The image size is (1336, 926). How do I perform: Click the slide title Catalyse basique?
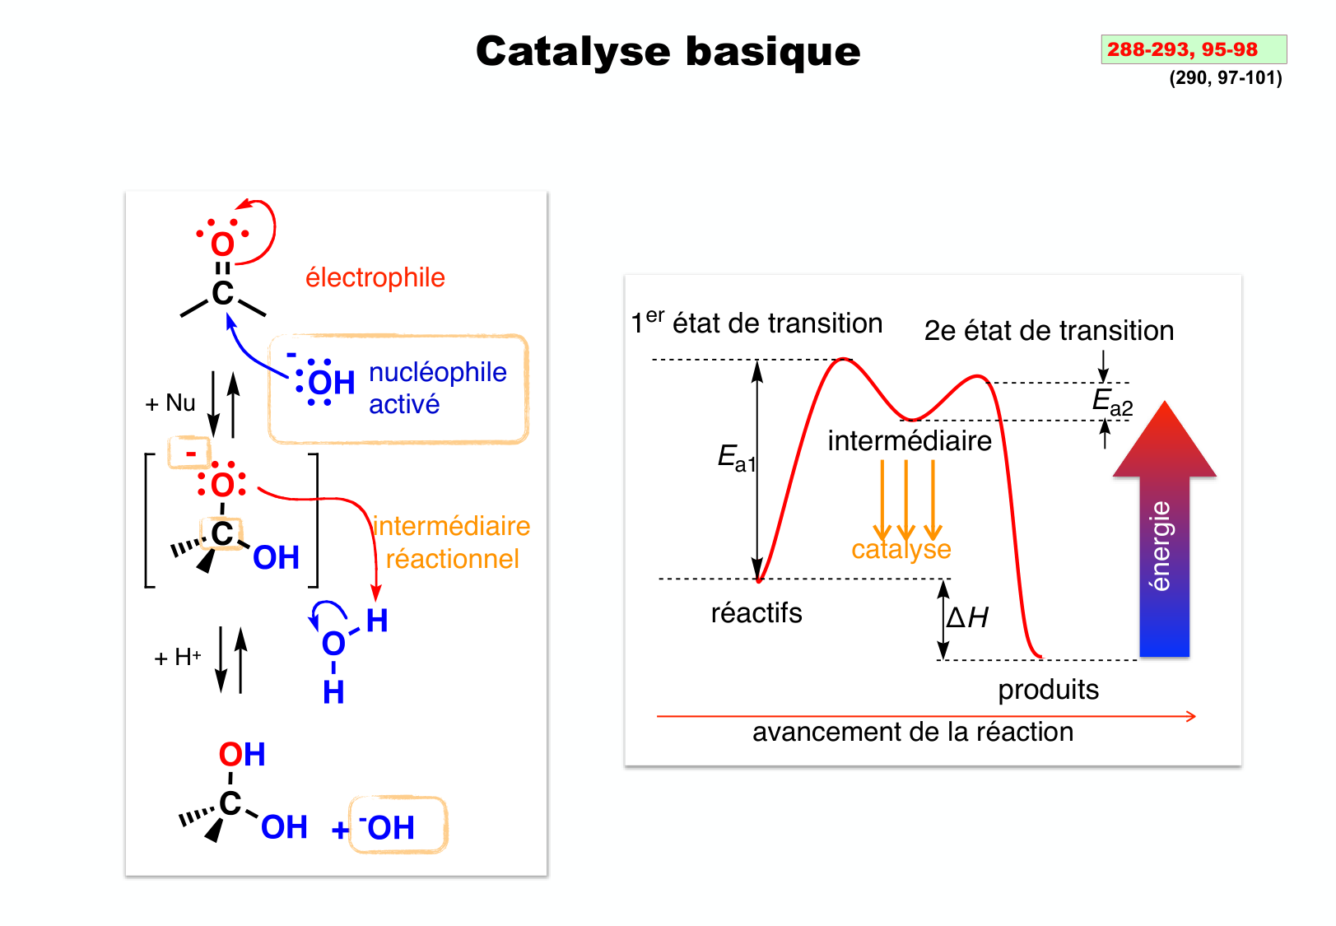click(x=668, y=51)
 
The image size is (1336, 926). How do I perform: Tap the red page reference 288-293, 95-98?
click(x=1182, y=49)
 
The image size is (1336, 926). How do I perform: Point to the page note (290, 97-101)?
click(x=1225, y=78)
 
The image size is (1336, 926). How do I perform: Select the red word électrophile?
click(x=375, y=277)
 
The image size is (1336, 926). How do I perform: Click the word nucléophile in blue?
click(x=437, y=372)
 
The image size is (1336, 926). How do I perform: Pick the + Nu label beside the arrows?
click(x=170, y=403)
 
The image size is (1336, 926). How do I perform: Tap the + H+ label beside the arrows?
click(x=178, y=658)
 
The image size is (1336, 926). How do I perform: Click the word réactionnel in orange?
click(x=452, y=559)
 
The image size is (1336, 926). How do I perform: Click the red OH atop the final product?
click(x=242, y=754)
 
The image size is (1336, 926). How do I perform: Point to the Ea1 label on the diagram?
click(x=736, y=457)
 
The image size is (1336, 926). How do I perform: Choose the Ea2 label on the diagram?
click(x=1112, y=402)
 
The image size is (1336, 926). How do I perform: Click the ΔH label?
click(x=967, y=617)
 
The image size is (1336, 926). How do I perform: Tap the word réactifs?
click(x=756, y=613)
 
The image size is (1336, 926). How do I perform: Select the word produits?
click(x=1048, y=689)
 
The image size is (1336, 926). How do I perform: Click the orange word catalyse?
click(x=901, y=549)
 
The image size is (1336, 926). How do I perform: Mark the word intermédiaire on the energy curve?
click(x=910, y=441)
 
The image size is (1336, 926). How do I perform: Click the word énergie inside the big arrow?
click(x=1161, y=546)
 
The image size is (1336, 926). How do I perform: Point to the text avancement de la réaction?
click(x=912, y=732)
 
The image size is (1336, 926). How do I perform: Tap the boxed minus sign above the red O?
click(x=190, y=453)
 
